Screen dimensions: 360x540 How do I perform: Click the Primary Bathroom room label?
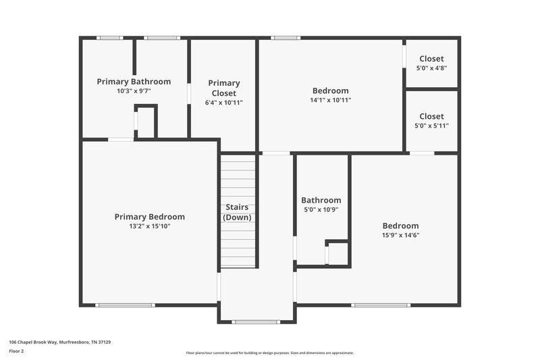(x=134, y=82)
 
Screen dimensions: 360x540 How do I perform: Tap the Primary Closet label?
(x=223, y=88)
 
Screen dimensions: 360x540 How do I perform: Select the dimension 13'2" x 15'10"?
(x=149, y=226)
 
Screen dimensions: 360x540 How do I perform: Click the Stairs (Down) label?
(x=237, y=212)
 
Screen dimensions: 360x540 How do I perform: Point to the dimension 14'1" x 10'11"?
(x=330, y=100)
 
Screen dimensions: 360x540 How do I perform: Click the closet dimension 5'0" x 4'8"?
(x=431, y=68)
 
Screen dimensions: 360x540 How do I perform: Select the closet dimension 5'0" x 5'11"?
(x=431, y=126)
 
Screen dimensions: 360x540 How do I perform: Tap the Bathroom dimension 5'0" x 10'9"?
(x=321, y=209)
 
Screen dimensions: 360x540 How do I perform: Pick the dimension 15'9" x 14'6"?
(x=400, y=235)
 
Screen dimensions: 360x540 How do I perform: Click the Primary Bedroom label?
(x=149, y=217)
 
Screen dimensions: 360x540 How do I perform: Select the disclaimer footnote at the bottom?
(x=269, y=353)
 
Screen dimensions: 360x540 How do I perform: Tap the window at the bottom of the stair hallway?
(x=256, y=322)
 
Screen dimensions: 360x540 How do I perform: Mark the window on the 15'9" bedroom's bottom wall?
(x=381, y=305)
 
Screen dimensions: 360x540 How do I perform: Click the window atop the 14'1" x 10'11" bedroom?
(x=286, y=38)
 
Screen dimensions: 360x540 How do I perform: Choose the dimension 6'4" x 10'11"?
(x=223, y=103)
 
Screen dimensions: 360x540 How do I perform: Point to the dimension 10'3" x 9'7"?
(x=134, y=91)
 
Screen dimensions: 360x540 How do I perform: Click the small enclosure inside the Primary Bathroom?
(x=146, y=122)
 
